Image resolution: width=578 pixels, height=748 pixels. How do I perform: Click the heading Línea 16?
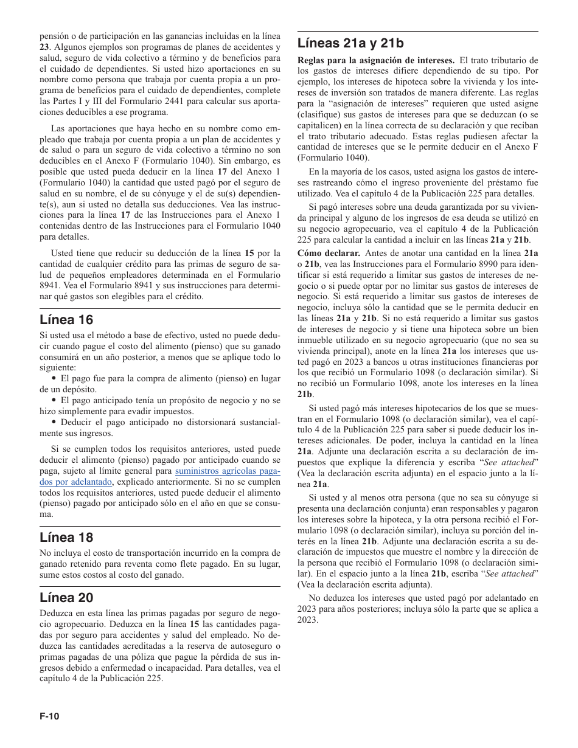click(x=66, y=319)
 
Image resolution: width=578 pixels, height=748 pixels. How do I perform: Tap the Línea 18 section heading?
click(x=66, y=537)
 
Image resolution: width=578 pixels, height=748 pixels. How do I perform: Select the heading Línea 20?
click(x=66, y=597)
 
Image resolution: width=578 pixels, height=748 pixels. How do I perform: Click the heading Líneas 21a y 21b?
click(x=350, y=43)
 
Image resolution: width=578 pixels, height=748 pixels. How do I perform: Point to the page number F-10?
click(x=50, y=716)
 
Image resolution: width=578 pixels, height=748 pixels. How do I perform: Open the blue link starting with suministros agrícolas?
click(x=228, y=471)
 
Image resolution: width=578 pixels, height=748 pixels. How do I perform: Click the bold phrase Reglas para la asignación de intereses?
click(x=375, y=60)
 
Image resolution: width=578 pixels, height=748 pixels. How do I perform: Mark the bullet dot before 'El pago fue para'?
click(x=54, y=378)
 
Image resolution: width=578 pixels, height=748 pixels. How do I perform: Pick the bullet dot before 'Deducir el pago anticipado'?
click(x=54, y=422)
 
